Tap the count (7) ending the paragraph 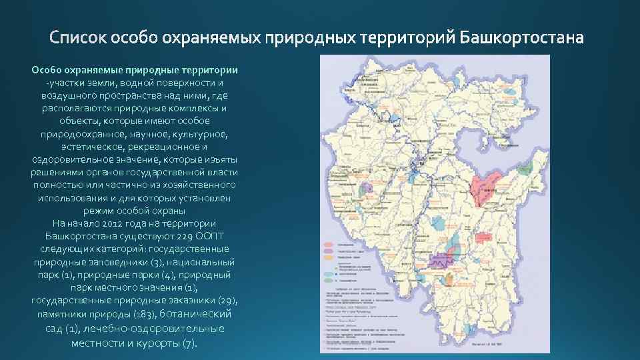[189, 343]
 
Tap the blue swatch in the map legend [328, 273]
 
